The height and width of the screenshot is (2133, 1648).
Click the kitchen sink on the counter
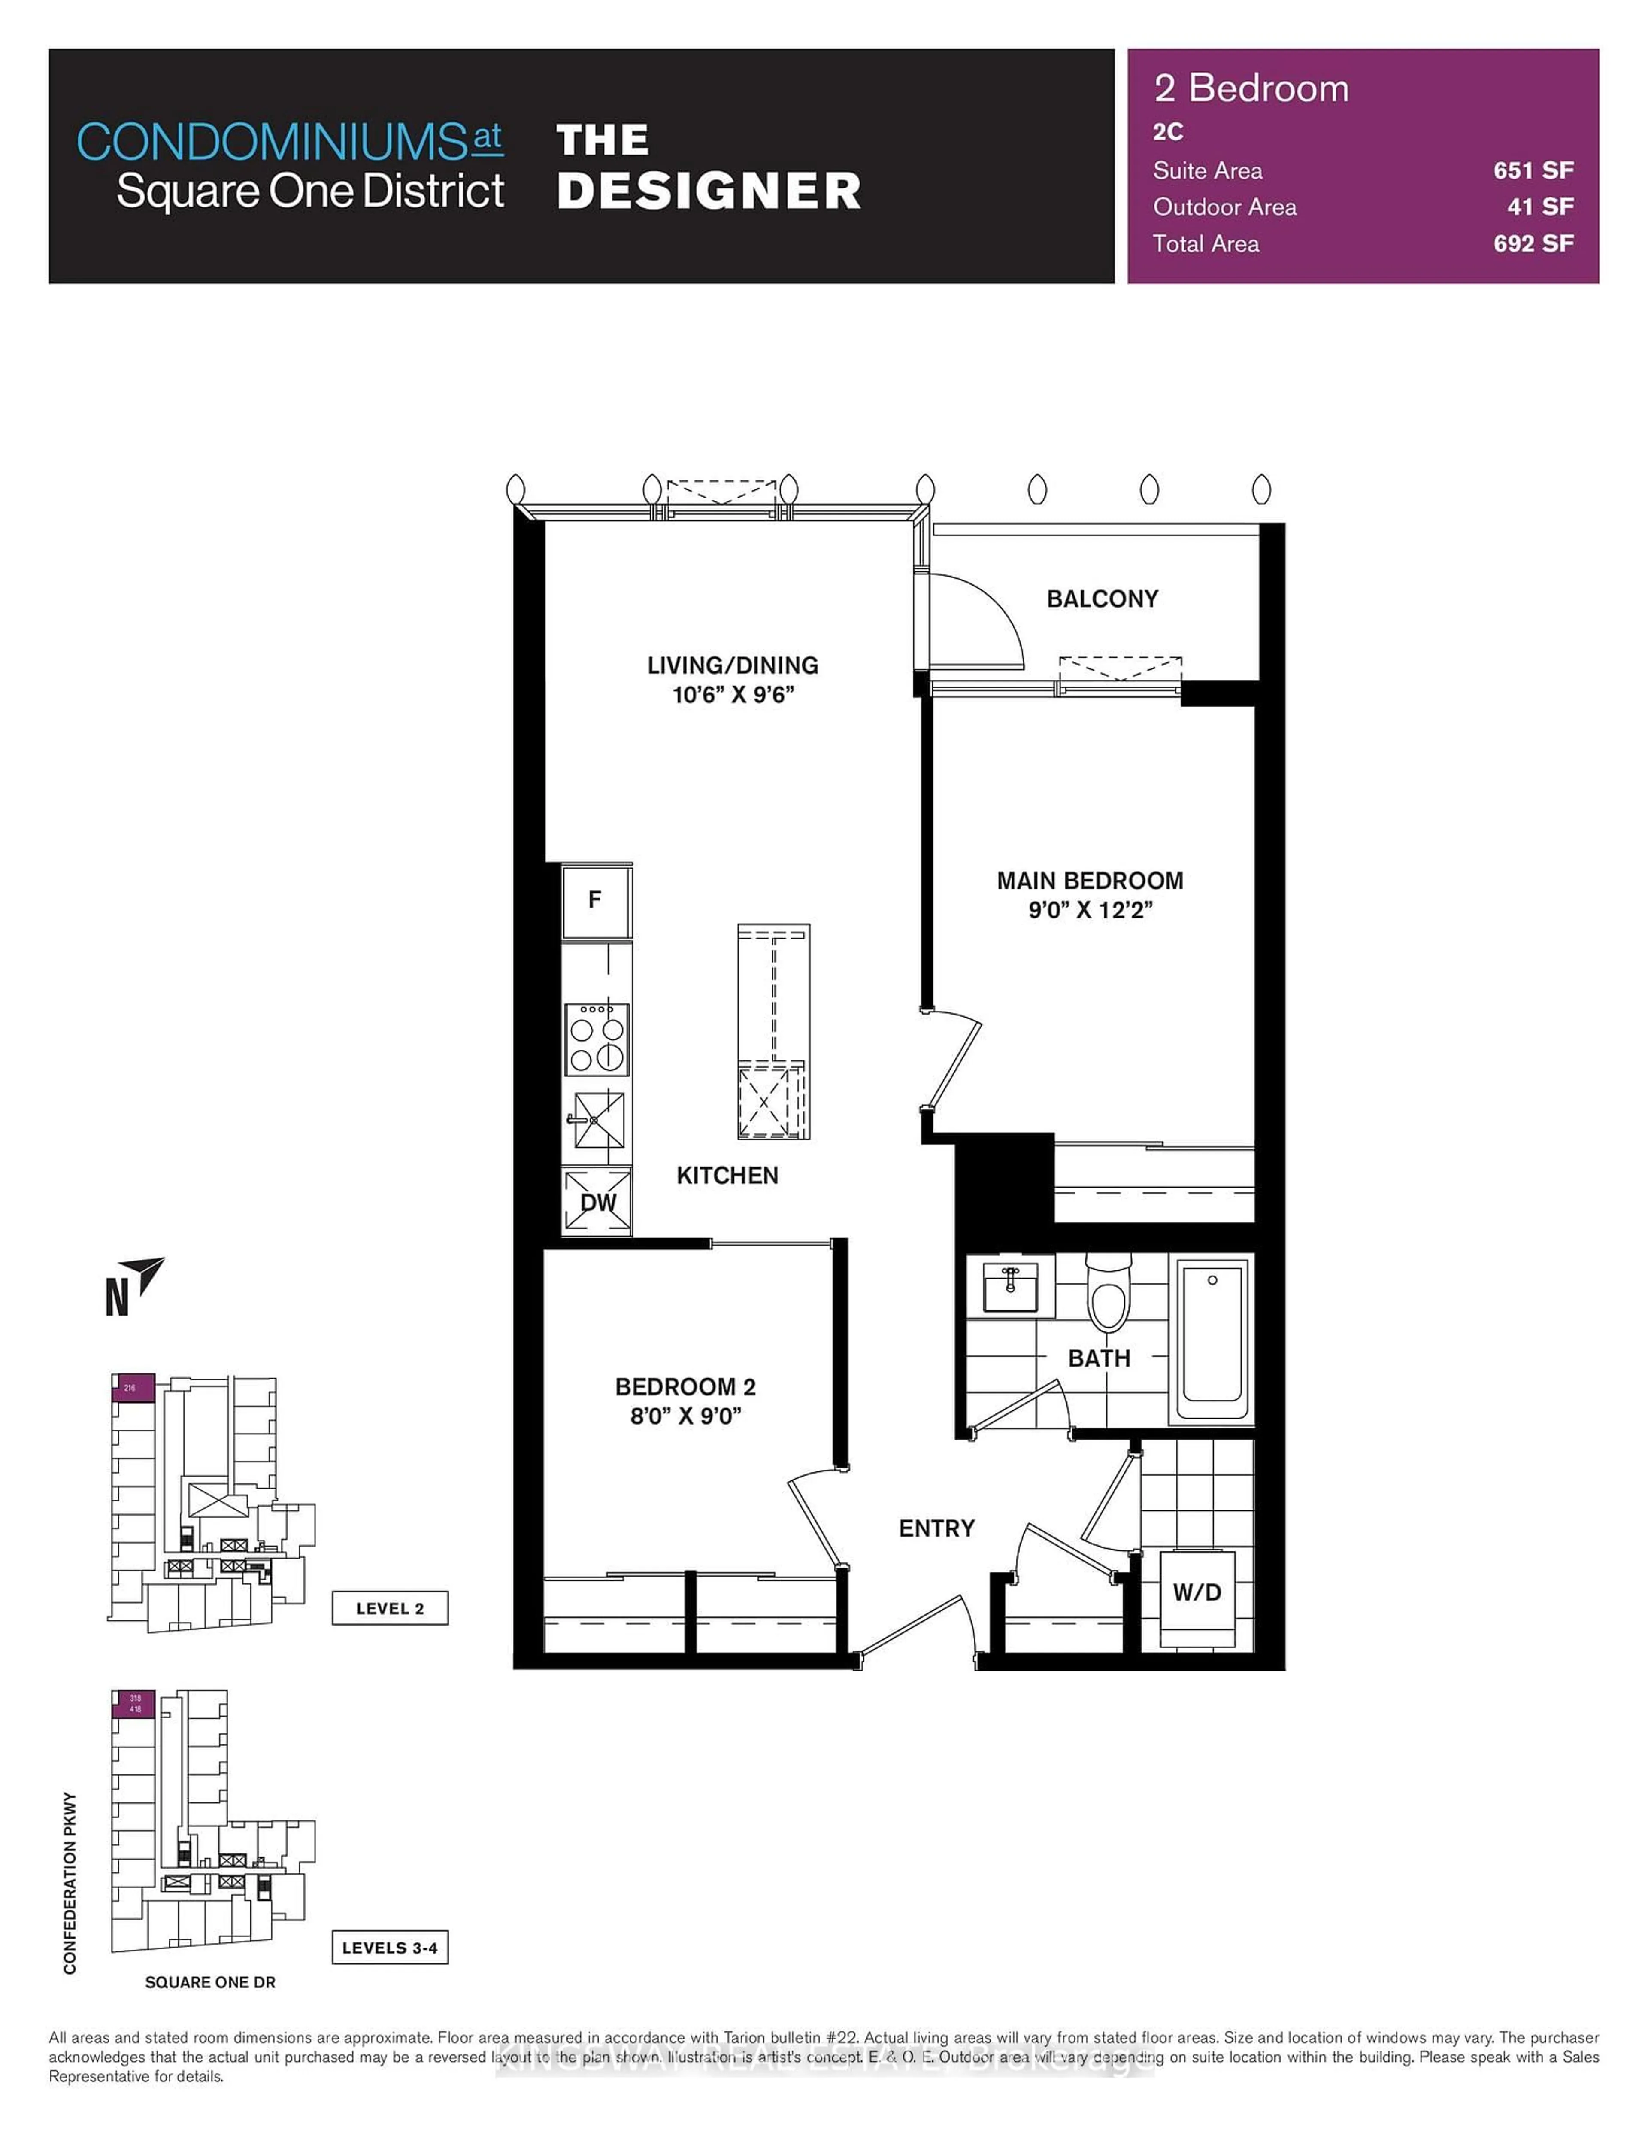pyautogui.click(x=597, y=1120)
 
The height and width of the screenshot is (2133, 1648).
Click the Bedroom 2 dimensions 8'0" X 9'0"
pyautogui.click(x=685, y=1416)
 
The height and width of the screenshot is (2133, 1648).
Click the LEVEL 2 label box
pyautogui.click(x=390, y=1608)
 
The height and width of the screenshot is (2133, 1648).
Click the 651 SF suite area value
pyautogui.click(x=1533, y=171)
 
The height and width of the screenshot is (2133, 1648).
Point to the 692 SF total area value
pyautogui.click(x=1533, y=244)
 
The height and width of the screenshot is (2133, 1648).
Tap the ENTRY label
pyautogui.click(x=936, y=1528)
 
